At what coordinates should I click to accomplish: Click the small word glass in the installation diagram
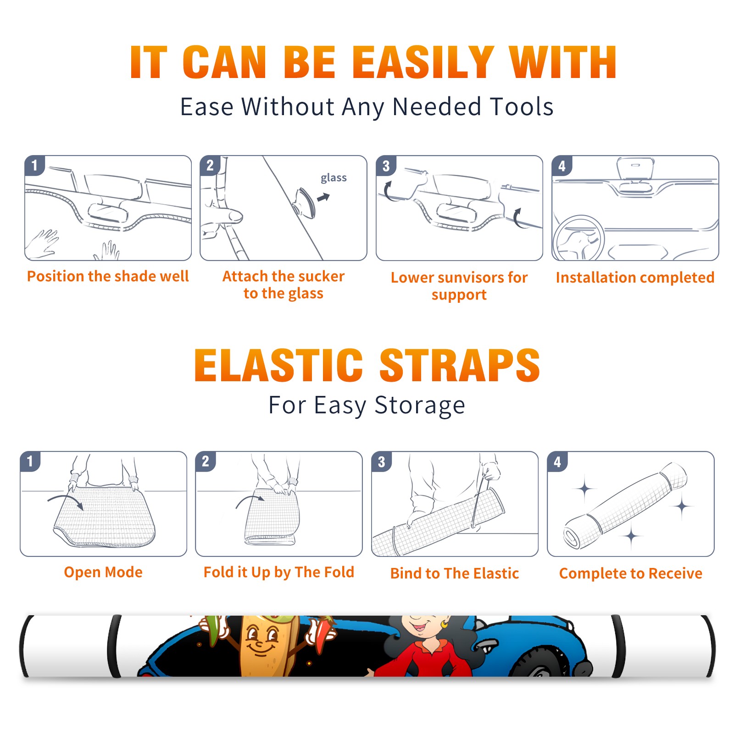coord(334,178)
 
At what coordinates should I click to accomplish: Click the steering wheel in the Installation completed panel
coord(578,238)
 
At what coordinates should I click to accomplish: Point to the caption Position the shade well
coord(108,276)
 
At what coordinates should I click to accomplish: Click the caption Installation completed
coord(635,278)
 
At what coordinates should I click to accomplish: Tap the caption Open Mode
coord(103,572)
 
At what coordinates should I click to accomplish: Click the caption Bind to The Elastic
coord(455,573)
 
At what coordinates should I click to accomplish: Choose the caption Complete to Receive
coord(631,573)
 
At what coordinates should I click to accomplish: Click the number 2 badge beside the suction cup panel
coord(210,165)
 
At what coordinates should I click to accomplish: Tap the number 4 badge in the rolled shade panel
coord(557,462)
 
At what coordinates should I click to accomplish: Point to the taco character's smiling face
coord(260,639)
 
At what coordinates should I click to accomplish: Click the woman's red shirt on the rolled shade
coord(424,658)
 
